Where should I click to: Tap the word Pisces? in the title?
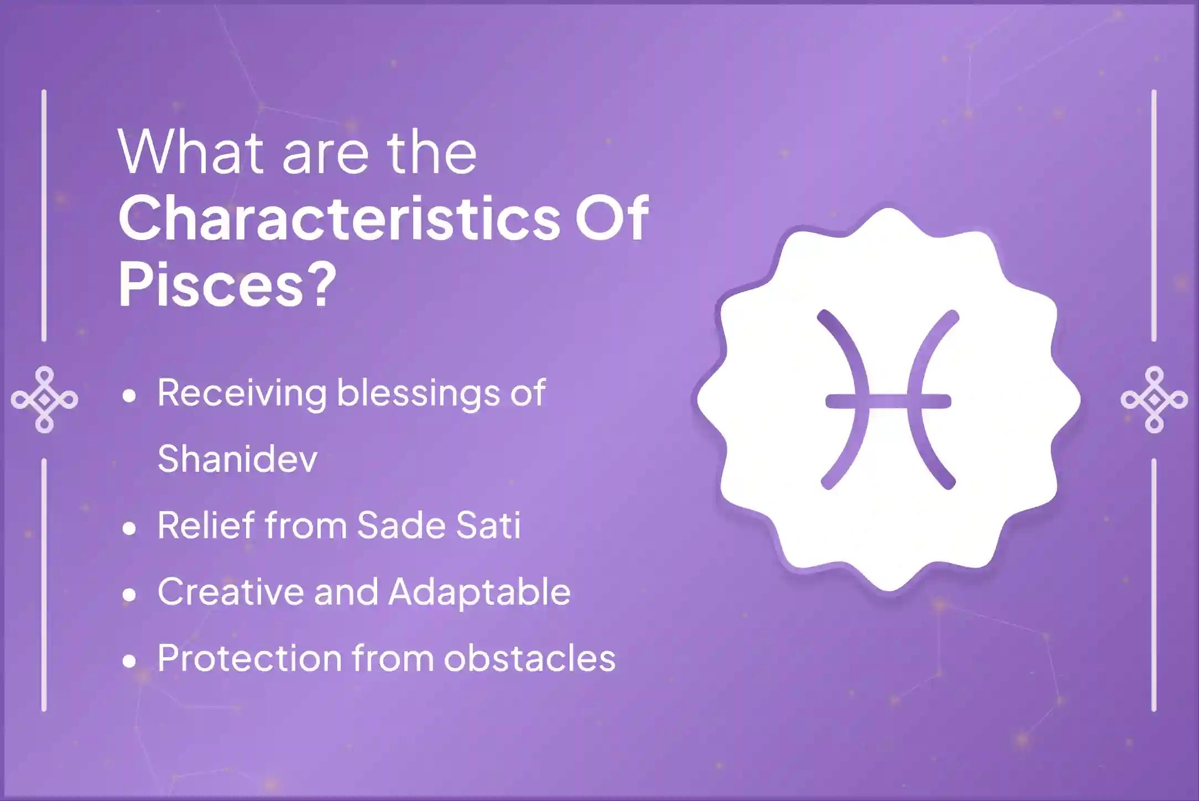click(227, 286)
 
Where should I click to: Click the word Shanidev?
click(238, 459)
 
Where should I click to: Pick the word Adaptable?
click(479, 592)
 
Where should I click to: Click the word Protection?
click(249, 658)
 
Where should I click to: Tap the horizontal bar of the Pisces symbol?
click(888, 400)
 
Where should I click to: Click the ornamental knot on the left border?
click(44, 399)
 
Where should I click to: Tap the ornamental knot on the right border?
click(1154, 399)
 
